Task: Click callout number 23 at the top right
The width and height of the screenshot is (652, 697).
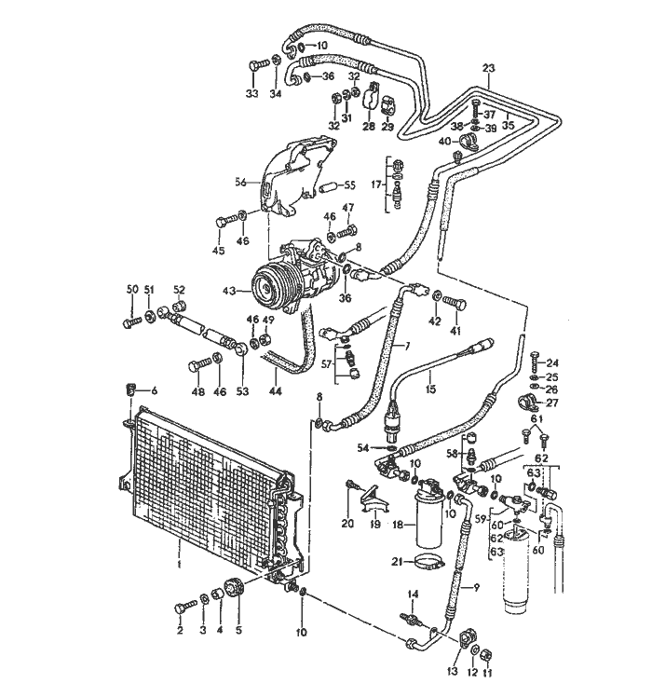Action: coord(489,67)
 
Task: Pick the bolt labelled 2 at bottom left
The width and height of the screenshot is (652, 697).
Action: coord(184,607)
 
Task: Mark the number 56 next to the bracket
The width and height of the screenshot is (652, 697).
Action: coord(239,183)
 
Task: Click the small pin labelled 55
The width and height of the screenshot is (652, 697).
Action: coord(326,185)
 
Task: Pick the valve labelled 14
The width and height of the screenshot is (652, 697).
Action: coord(411,618)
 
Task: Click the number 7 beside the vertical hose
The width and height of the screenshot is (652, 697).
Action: coord(406,347)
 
